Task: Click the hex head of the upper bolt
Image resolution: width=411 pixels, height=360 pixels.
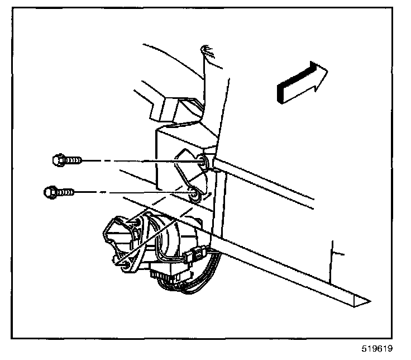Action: click(56, 160)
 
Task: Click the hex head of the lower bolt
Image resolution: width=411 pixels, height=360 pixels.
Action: click(49, 193)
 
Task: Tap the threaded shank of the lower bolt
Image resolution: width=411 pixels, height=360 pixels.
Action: click(65, 193)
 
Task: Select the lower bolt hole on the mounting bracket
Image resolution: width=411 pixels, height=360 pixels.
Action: click(194, 195)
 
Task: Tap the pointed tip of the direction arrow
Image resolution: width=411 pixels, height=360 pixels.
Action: click(327, 71)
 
